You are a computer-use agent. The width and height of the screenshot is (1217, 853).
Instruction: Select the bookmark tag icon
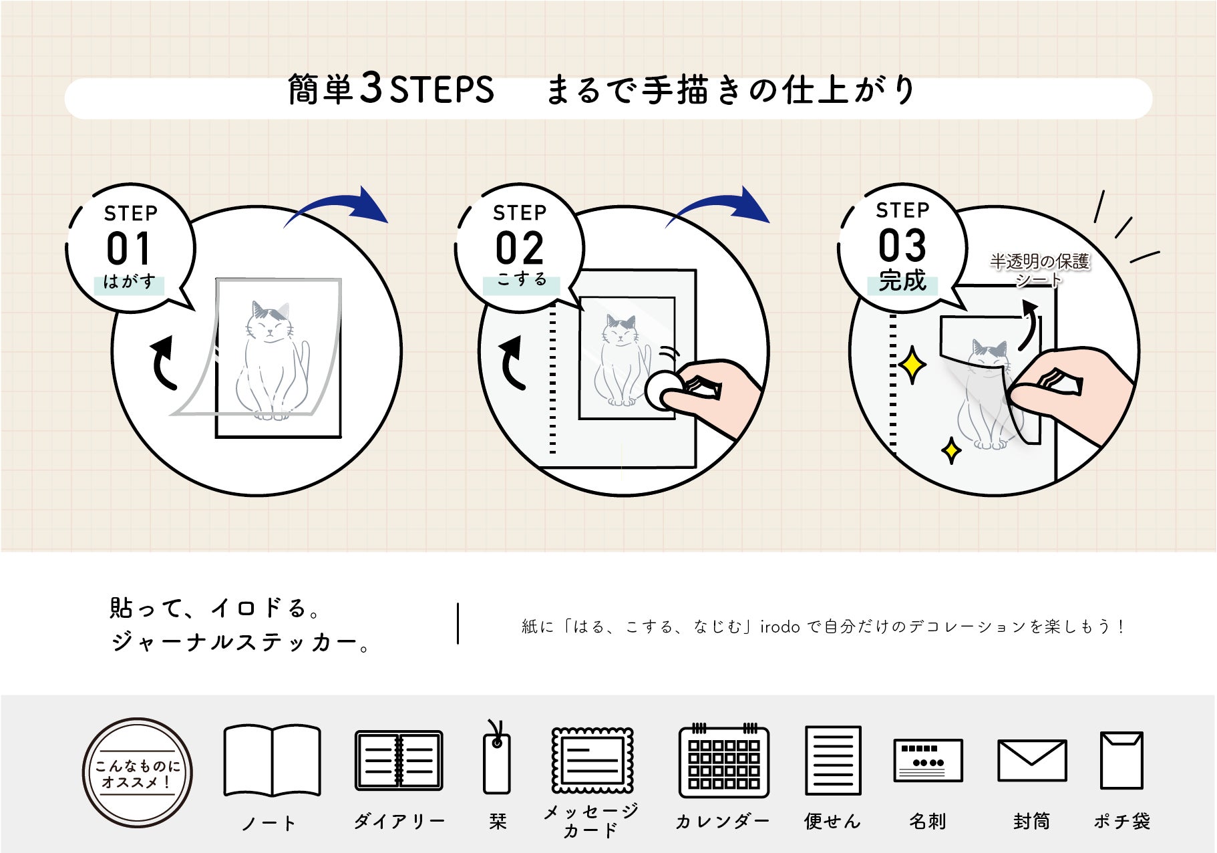[496, 762]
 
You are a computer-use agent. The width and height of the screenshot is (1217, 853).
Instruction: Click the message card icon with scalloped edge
[592, 761]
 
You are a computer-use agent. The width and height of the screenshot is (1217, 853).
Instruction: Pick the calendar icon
[724, 762]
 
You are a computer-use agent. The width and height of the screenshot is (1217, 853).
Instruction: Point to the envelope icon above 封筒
[1031, 760]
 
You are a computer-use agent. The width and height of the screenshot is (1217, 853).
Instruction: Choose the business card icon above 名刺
[928, 760]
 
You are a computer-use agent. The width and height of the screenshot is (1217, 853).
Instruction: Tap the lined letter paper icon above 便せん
[832, 760]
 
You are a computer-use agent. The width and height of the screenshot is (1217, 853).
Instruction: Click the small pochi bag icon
[1121, 759]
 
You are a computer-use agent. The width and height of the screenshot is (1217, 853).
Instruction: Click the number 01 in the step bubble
[129, 249]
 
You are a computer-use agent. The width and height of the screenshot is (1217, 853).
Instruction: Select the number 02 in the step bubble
[520, 249]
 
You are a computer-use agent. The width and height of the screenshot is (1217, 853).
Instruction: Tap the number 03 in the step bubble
[902, 246]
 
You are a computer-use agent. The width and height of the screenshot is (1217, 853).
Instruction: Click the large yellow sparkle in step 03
[912, 365]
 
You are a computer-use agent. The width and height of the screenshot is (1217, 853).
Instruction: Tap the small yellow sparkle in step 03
[951, 451]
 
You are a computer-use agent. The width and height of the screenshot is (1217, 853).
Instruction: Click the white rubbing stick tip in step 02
[662, 390]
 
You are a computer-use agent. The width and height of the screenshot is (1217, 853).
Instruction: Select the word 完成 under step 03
[902, 281]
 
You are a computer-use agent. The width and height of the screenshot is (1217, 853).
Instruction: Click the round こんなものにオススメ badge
[138, 773]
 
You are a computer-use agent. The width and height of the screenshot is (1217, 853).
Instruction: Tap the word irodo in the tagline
[779, 627]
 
